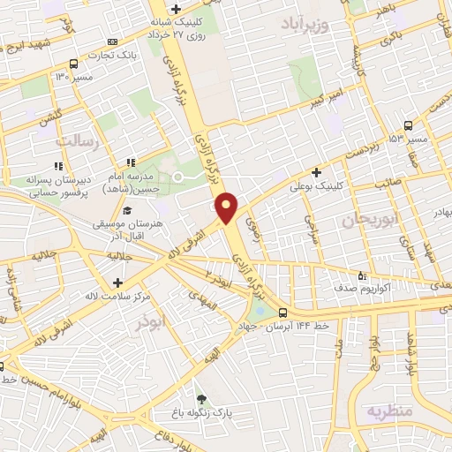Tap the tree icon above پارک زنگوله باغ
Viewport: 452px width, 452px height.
201,399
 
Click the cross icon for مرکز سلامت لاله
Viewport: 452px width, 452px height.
117,282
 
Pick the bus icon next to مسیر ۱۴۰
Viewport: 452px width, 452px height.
72,64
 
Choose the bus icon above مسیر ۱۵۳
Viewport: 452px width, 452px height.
407,125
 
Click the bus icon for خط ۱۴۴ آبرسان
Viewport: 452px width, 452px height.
282,313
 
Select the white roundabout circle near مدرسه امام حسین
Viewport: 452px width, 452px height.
177,178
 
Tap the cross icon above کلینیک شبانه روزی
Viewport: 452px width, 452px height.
176,8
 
